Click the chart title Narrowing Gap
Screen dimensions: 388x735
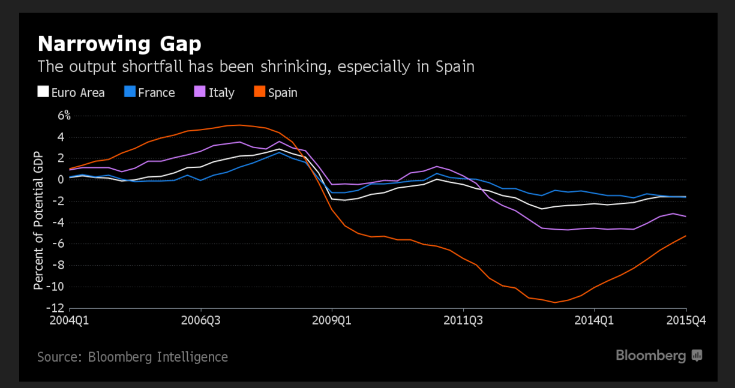[119, 44]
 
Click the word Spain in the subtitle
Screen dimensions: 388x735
[453, 66]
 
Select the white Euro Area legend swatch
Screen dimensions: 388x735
[43, 92]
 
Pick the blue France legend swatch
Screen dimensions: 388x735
[129, 92]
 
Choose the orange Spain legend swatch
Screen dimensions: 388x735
[259, 92]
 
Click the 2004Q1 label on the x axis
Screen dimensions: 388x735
[69, 320]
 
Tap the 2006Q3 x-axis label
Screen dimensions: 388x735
[201, 320]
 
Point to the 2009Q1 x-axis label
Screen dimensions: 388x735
[332, 320]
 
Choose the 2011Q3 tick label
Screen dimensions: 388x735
[463, 320]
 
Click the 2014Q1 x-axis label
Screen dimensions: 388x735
[594, 320]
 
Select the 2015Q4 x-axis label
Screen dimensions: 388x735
[686, 320]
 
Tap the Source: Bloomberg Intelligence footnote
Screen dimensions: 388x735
[133, 357]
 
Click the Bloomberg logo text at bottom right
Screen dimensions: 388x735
[651, 356]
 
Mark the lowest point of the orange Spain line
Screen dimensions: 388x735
[555, 302]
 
